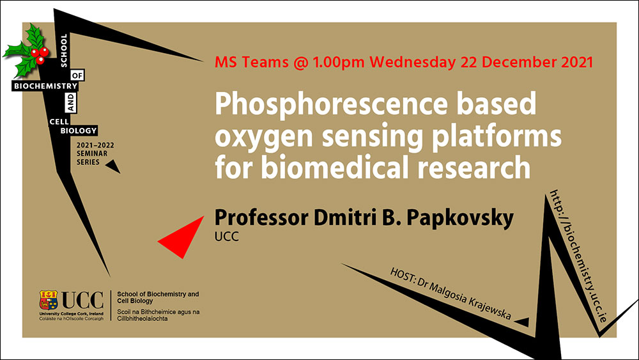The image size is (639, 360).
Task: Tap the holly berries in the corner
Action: (40, 55)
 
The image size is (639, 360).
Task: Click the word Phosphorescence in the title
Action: (331, 105)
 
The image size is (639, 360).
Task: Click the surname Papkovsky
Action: (460, 218)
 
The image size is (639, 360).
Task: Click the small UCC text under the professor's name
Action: (227, 237)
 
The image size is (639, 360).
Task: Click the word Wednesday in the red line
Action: (412, 62)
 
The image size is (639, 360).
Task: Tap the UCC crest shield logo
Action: (49, 300)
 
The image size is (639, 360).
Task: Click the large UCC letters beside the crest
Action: (82, 301)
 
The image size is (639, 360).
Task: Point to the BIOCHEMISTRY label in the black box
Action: (45, 86)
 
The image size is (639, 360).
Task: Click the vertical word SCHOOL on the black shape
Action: (63, 50)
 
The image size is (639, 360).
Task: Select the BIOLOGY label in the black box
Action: (79, 130)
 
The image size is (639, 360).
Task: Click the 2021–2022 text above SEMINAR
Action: (95, 145)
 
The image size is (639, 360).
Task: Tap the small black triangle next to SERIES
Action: (113, 166)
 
